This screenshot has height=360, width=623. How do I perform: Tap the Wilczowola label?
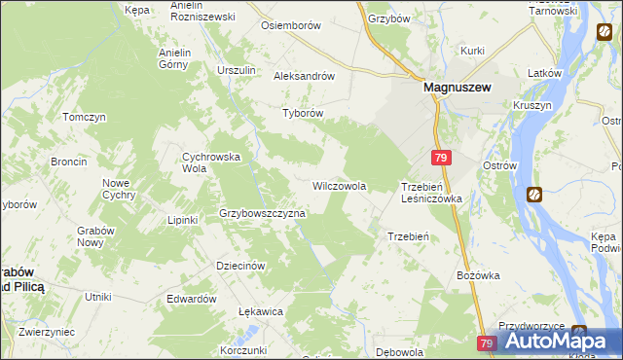pos(339,185)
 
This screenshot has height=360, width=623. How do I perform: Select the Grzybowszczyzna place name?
pos(262,212)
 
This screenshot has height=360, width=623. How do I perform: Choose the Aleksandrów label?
pos(305,76)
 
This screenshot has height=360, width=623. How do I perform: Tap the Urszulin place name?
pos(237,71)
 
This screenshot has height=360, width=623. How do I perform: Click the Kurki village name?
pos(473,50)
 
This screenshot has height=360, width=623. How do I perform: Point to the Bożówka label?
pos(478,275)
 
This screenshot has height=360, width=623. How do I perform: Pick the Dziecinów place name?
pos(240,266)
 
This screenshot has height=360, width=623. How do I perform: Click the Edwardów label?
pos(191,299)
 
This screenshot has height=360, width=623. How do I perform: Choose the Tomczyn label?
pos(84,117)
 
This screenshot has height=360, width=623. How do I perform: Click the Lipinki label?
pos(182,220)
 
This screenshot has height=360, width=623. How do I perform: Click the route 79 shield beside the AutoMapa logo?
pos(488,343)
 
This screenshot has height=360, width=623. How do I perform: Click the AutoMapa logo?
pos(555,341)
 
